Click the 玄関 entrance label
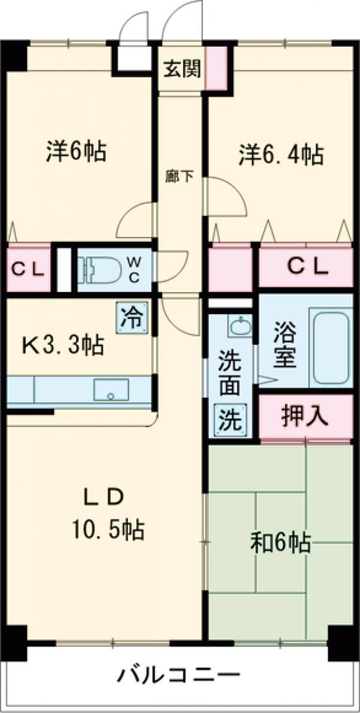(x=182, y=68)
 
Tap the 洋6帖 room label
(x=76, y=152)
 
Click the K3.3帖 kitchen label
(x=63, y=345)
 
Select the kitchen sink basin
(x=111, y=390)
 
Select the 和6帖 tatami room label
(x=280, y=543)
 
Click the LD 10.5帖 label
(x=107, y=514)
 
